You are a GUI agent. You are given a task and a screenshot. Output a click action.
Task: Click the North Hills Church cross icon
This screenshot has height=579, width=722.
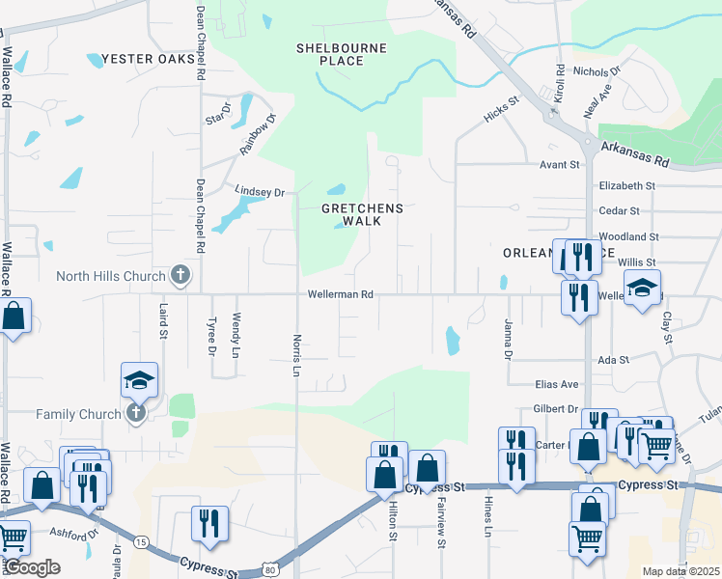(180, 276)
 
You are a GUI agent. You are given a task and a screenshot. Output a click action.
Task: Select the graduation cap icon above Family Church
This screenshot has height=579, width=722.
(139, 381)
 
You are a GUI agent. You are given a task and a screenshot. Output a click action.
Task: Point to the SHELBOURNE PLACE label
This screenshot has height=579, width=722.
(342, 54)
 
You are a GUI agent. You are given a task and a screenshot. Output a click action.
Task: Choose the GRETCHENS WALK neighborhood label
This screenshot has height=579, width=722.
(362, 214)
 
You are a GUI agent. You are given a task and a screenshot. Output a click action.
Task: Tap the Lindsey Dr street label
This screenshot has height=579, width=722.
(260, 192)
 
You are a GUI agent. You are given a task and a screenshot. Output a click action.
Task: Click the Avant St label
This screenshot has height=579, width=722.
(559, 165)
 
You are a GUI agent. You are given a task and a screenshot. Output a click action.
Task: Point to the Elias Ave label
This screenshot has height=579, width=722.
(556, 384)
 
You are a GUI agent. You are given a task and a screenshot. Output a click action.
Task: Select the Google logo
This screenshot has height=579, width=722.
(33, 567)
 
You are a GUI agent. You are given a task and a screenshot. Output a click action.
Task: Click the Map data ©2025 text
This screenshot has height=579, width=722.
(680, 571)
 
